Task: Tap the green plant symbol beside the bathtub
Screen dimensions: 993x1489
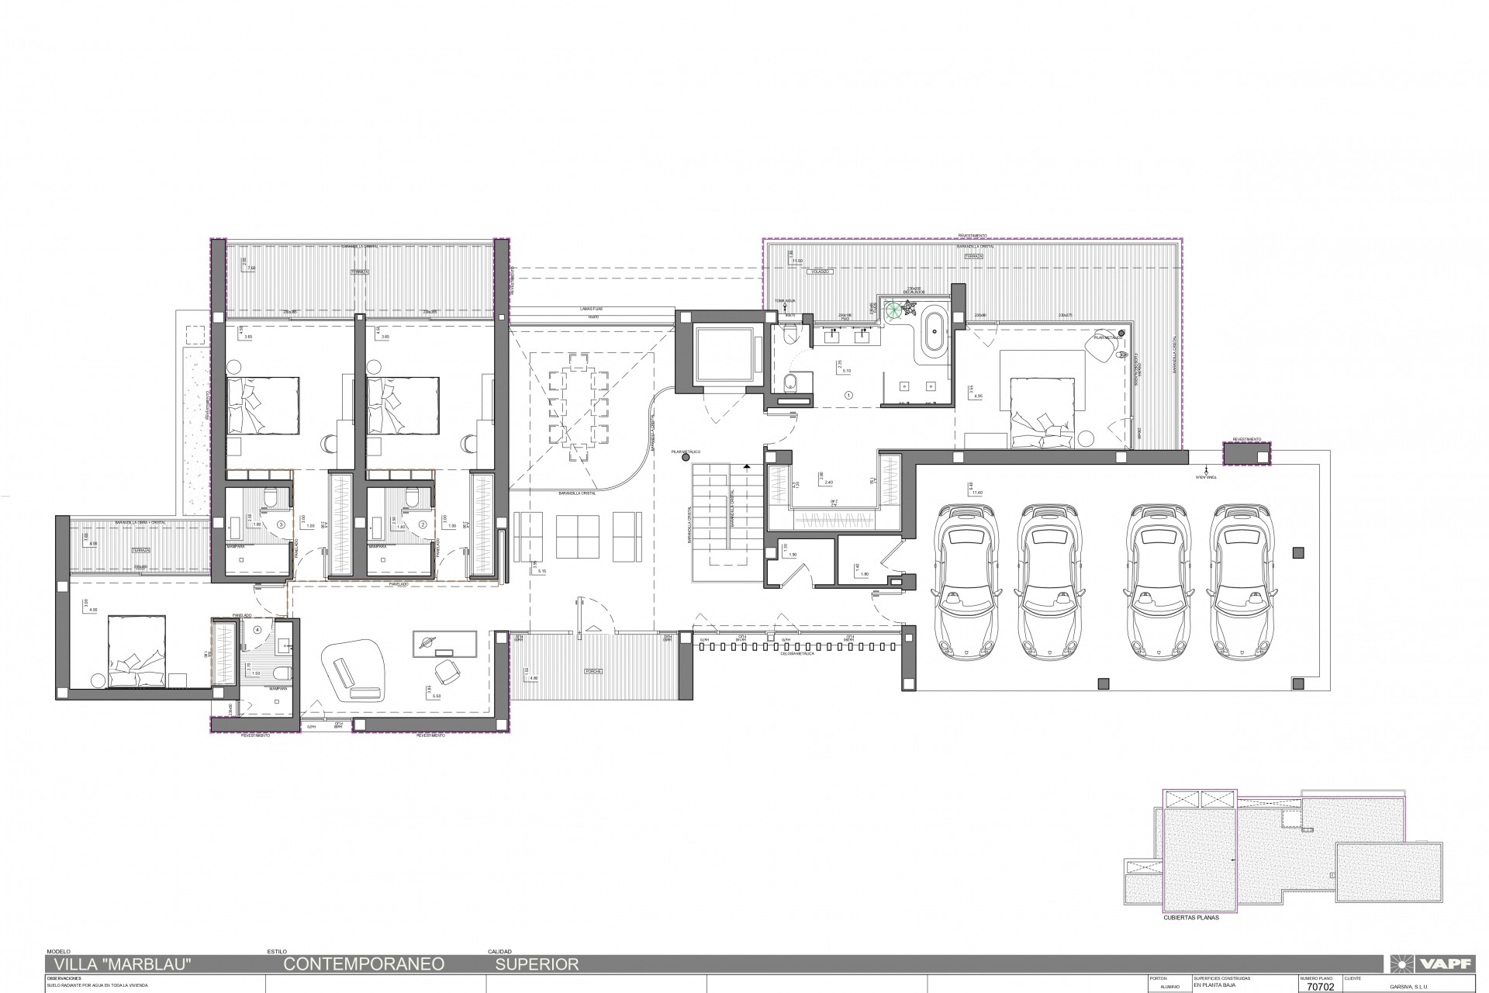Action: pos(898,310)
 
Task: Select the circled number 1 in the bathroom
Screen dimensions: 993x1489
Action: pos(848,395)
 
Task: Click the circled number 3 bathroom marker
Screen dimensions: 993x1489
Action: pos(282,524)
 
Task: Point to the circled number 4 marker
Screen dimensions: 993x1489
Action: pos(257,629)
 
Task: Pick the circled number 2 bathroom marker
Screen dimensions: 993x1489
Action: pos(423,524)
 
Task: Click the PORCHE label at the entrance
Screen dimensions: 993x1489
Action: pos(595,672)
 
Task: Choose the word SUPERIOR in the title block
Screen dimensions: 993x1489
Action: pos(537,965)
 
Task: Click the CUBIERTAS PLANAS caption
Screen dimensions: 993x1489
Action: pos(1191,918)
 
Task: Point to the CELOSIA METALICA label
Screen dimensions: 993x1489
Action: pos(800,654)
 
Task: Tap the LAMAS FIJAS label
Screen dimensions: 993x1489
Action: pos(593,309)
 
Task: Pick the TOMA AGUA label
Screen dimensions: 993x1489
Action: pos(785,300)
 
